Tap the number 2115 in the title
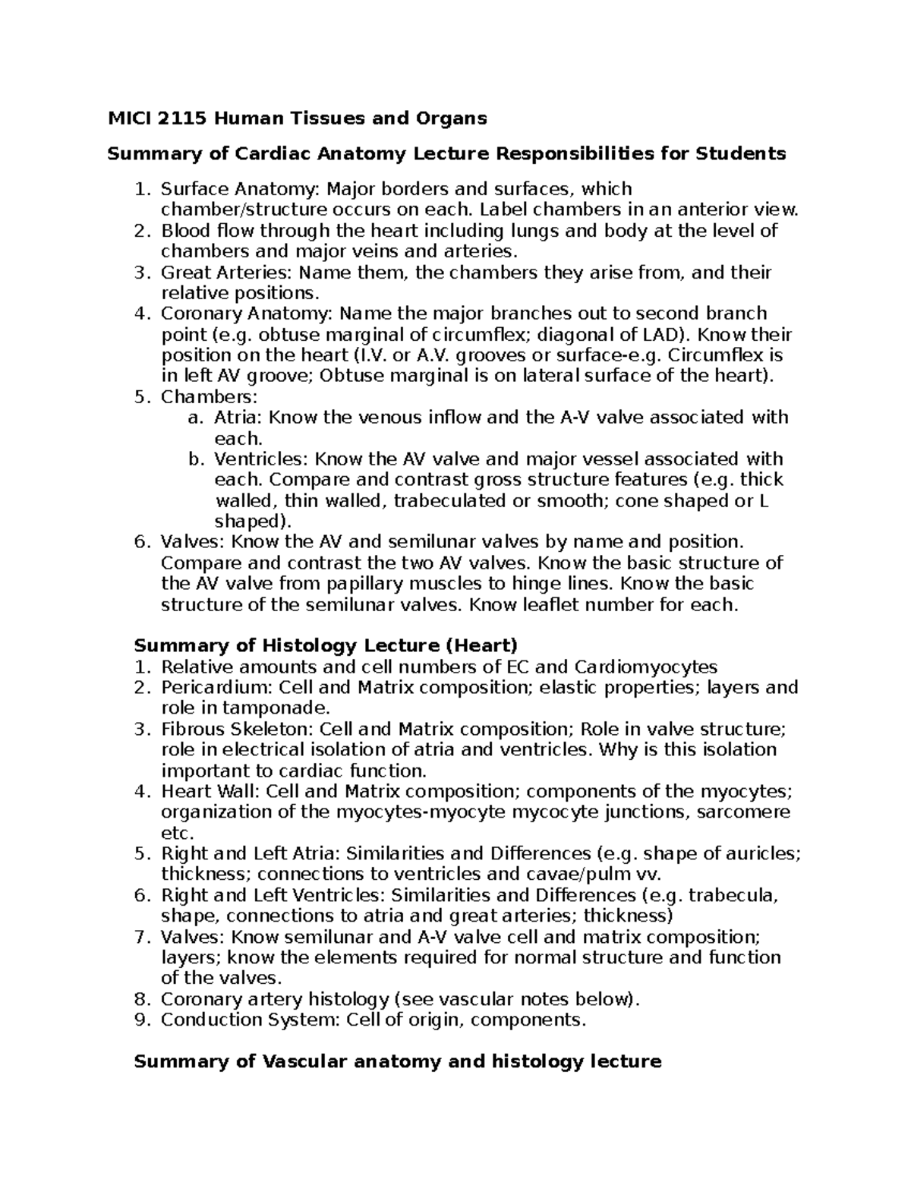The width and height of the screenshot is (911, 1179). (x=184, y=118)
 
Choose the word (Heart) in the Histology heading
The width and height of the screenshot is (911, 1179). (x=481, y=645)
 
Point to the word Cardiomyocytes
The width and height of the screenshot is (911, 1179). (x=645, y=667)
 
